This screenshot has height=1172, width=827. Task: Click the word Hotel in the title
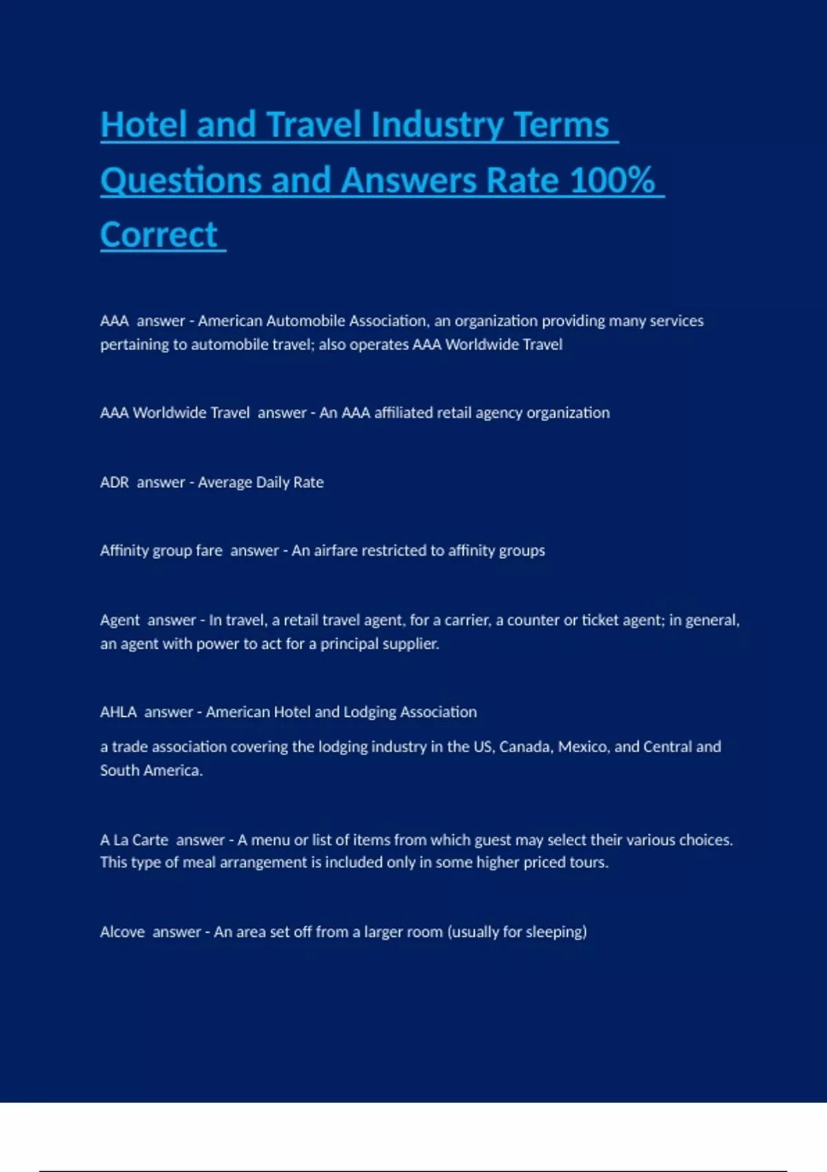(x=143, y=125)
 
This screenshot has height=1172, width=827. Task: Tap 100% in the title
(x=612, y=181)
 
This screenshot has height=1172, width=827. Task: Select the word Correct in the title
(x=159, y=235)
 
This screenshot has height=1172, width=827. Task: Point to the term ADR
(x=114, y=483)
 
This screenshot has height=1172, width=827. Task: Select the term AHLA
(x=118, y=712)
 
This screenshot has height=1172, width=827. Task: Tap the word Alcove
(x=122, y=932)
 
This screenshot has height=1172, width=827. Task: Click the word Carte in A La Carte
(x=150, y=840)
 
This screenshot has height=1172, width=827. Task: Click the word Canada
(x=526, y=747)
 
